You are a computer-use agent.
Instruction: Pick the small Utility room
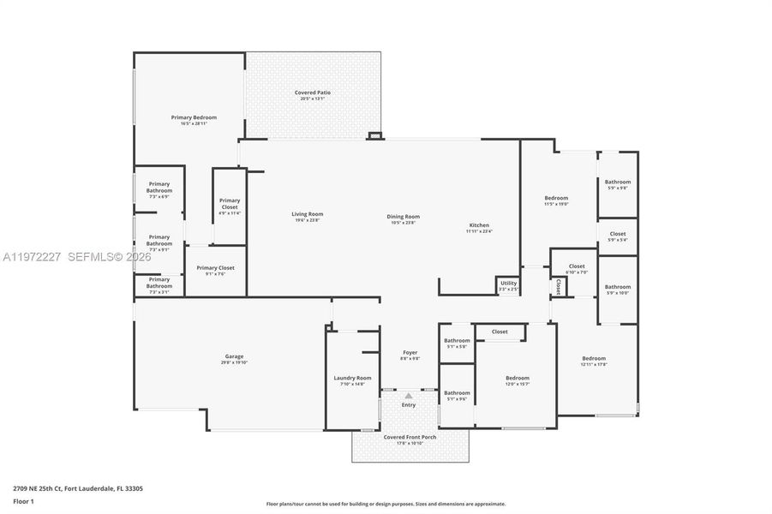pyautogui.click(x=508, y=285)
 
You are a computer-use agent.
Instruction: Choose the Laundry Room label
pyautogui.click(x=352, y=380)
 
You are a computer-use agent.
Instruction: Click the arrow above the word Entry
pyautogui.click(x=409, y=396)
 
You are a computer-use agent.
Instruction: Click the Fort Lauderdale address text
pyautogui.click(x=77, y=488)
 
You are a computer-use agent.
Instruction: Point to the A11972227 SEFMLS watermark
pyautogui.click(x=77, y=257)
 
